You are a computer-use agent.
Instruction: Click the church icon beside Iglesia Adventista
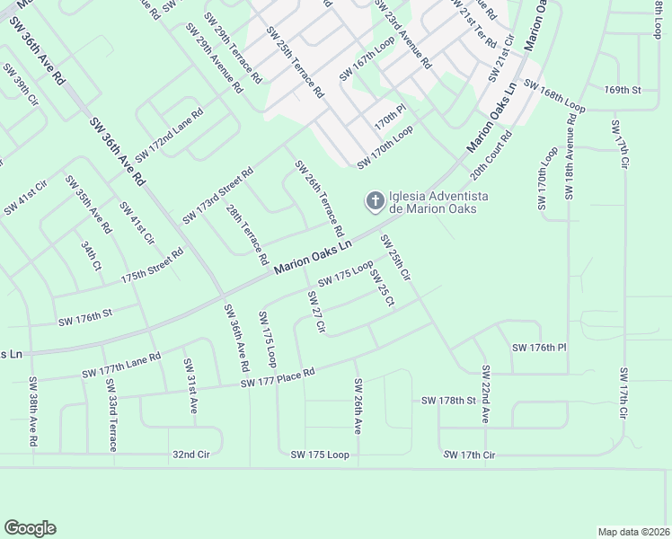pos(374,200)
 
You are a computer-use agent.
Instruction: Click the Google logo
pos(30,528)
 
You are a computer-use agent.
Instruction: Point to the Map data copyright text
pos(632,532)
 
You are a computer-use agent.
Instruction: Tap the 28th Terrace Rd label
pos(247,234)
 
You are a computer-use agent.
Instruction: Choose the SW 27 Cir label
pos(315,312)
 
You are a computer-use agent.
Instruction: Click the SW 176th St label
pos(84,318)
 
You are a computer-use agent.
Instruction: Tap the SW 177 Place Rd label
pos(278,378)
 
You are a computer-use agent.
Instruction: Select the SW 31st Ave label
pos(190,385)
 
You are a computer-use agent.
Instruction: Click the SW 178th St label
pos(447,400)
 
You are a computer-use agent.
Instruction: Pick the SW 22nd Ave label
pos(485,394)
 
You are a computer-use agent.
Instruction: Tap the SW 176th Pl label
pos(539,348)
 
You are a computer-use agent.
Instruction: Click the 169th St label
pos(623,91)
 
